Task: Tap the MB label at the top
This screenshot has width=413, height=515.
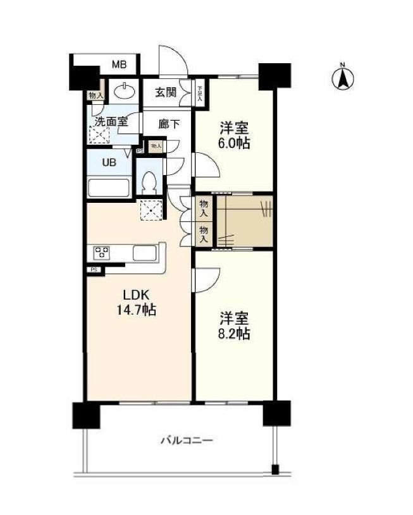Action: pyautogui.click(x=119, y=64)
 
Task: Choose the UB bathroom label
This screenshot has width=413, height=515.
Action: pyautogui.click(x=109, y=162)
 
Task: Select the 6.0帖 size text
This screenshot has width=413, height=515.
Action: pyautogui.click(x=234, y=143)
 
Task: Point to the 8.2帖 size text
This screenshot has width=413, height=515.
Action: pyautogui.click(x=234, y=333)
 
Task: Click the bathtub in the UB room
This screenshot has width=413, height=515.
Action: pyautogui.click(x=109, y=188)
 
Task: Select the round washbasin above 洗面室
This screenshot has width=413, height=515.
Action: pyautogui.click(x=125, y=92)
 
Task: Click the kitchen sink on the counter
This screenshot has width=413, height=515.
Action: pyautogui.click(x=145, y=253)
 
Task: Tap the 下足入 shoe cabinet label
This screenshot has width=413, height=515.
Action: pyautogui.click(x=199, y=94)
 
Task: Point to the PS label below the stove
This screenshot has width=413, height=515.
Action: pyautogui.click(x=94, y=270)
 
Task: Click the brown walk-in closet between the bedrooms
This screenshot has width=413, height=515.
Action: pyautogui.click(x=245, y=222)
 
